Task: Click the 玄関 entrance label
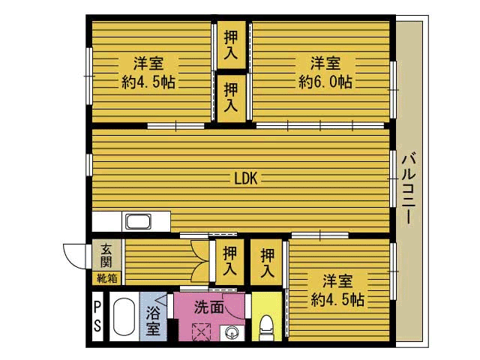pos(107,255)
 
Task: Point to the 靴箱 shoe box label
pos(106,277)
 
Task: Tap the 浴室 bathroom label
pos(152,320)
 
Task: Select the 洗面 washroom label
pos(208,307)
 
